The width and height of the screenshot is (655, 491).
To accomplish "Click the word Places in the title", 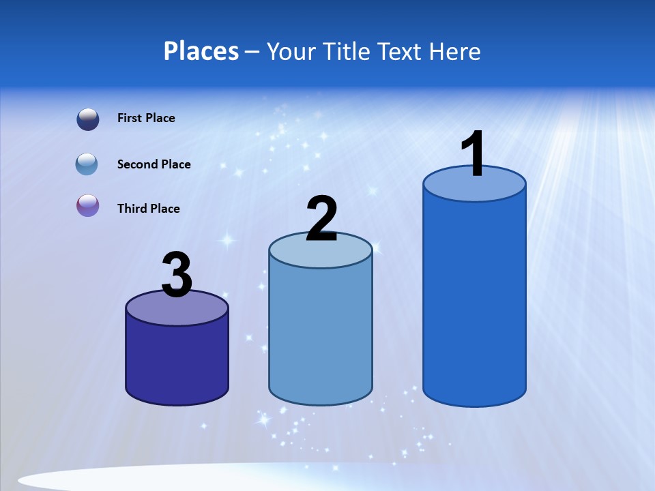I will (x=201, y=51).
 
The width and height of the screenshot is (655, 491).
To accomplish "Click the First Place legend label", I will (x=146, y=118).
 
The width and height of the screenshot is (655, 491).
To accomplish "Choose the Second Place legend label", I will (x=154, y=164).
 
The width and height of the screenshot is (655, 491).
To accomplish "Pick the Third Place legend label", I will (x=148, y=209).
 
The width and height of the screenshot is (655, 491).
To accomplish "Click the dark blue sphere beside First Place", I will (x=88, y=119).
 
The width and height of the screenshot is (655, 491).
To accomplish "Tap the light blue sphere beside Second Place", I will (x=87, y=164).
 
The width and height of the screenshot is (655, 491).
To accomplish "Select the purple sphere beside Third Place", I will (x=88, y=205).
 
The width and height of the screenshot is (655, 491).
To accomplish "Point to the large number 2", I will (x=321, y=219).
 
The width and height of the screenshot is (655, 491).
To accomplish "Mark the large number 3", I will (x=177, y=276).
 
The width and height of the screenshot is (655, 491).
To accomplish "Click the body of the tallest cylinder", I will (x=474, y=300).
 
